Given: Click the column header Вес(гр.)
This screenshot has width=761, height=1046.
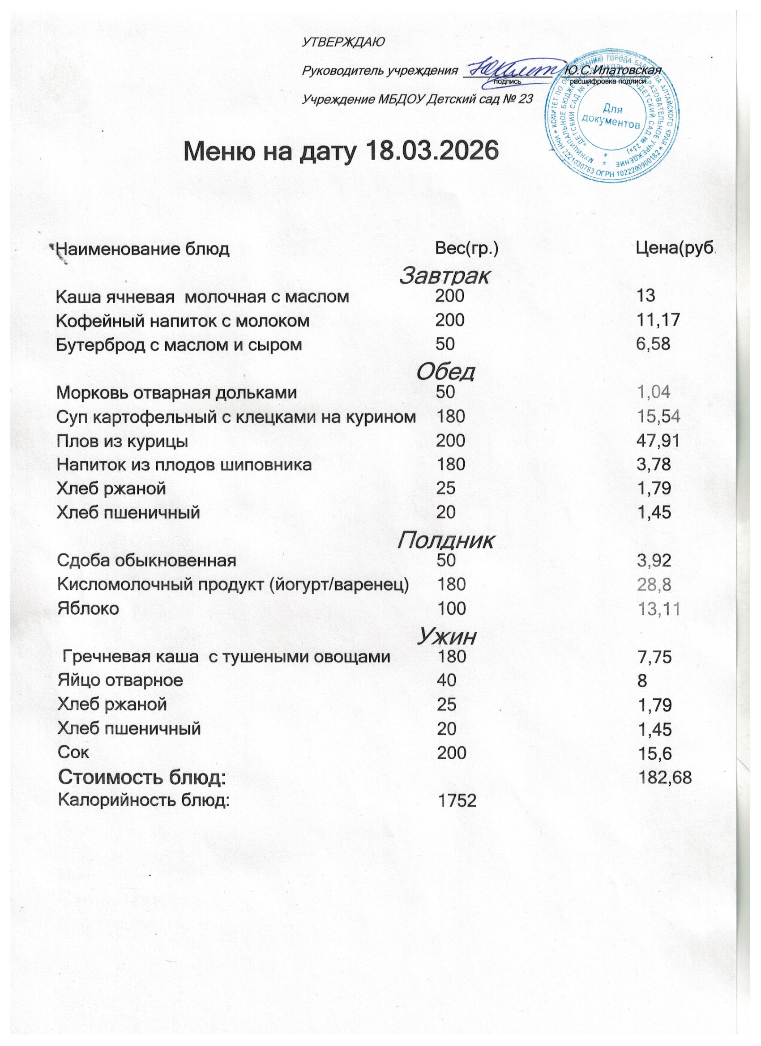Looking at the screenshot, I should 467,250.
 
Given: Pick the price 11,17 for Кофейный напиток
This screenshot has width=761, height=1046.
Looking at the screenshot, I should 658,320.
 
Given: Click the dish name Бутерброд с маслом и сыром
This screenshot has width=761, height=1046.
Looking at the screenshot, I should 179,344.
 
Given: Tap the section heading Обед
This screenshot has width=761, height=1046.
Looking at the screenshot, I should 445,372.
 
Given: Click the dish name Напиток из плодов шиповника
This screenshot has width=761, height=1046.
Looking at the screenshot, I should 184,464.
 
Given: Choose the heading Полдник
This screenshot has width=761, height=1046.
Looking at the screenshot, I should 445,540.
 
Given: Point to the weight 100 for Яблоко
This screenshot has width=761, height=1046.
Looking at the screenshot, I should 451,608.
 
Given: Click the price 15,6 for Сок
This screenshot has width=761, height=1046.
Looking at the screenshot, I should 654,753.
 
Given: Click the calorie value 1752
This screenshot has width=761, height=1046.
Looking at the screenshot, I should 457,802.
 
